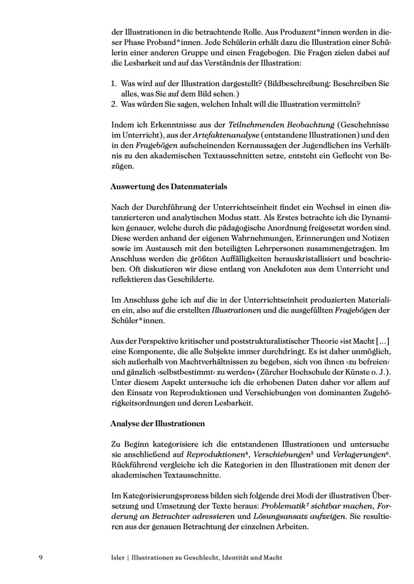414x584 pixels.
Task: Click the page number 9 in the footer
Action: click(40, 557)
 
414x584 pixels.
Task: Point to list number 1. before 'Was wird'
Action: click(114, 83)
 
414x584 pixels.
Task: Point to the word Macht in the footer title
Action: click(270, 557)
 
